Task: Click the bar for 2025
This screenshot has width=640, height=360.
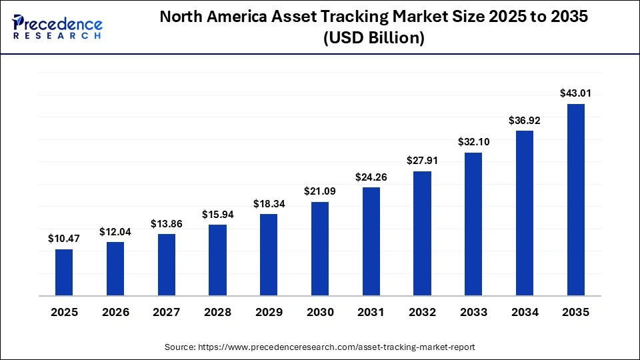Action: (64, 272)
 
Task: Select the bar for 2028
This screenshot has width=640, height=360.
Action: (217, 259)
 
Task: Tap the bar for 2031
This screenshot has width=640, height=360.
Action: (371, 241)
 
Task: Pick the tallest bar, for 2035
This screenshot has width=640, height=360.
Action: (576, 199)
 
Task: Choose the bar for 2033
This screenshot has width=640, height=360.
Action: (473, 223)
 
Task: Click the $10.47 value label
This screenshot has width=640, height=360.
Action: (64, 238)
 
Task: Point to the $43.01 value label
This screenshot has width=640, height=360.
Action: (576, 93)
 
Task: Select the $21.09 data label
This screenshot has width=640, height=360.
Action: (320, 191)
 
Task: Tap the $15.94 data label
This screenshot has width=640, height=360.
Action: (217, 214)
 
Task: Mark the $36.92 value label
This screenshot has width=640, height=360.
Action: (525, 119)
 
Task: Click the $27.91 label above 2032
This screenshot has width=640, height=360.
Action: (423, 160)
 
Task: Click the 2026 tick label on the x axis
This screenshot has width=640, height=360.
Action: (115, 312)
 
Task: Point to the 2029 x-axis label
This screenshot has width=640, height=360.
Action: (269, 312)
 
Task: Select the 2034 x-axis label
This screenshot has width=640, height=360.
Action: (525, 312)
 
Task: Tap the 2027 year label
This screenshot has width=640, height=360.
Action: (167, 312)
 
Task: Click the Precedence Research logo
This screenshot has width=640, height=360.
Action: (57, 27)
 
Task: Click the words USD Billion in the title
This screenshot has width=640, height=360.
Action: (374, 39)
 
